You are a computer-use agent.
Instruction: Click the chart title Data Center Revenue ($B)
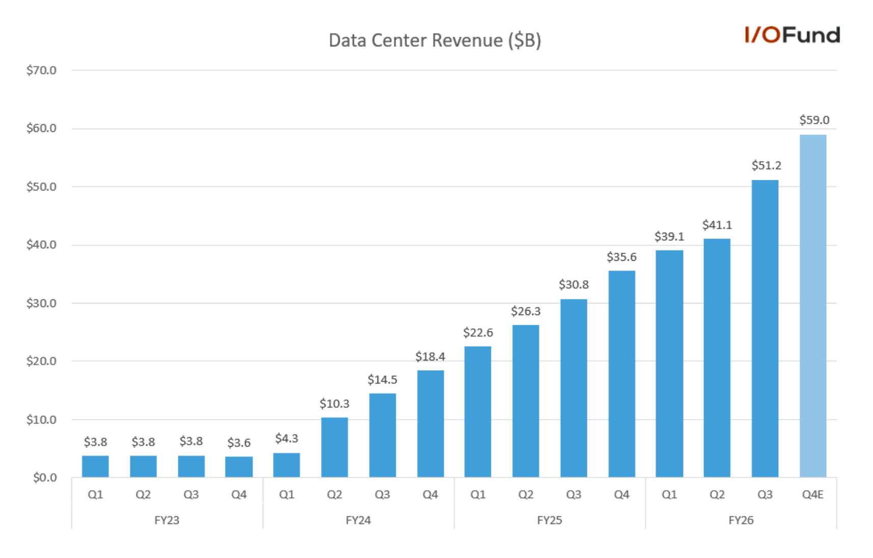[x=435, y=41]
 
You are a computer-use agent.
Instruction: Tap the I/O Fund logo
[x=792, y=35]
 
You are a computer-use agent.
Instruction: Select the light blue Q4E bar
[x=813, y=306]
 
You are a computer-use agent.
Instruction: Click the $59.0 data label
[x=814, y=120]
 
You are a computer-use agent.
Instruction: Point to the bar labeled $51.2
[x=765, y=328]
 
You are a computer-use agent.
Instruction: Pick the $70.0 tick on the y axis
[x=41, y=71]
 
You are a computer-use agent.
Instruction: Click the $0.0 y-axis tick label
[x=45, y=478]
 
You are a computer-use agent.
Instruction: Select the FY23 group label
[x=167, y=520]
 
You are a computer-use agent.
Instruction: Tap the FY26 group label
[x=741, y=520]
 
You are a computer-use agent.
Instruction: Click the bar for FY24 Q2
[x=335, y=448]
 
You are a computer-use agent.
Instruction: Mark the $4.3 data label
[x=286, y=439]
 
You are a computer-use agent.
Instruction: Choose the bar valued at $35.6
[x=621, y=374]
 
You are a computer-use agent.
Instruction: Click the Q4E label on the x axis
[x=812, y=495]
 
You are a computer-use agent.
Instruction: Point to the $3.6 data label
[x=239, y=443]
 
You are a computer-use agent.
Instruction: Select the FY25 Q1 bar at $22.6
[x=478, y=412]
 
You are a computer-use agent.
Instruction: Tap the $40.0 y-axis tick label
[x=41, y=245]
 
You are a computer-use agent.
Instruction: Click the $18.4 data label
[x=430, y=356]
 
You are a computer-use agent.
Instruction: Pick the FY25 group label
[x=550, y=520]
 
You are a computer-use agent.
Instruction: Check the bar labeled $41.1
[x=717, y=358]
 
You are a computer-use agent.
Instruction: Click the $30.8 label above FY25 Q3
[x=574, y=285]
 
